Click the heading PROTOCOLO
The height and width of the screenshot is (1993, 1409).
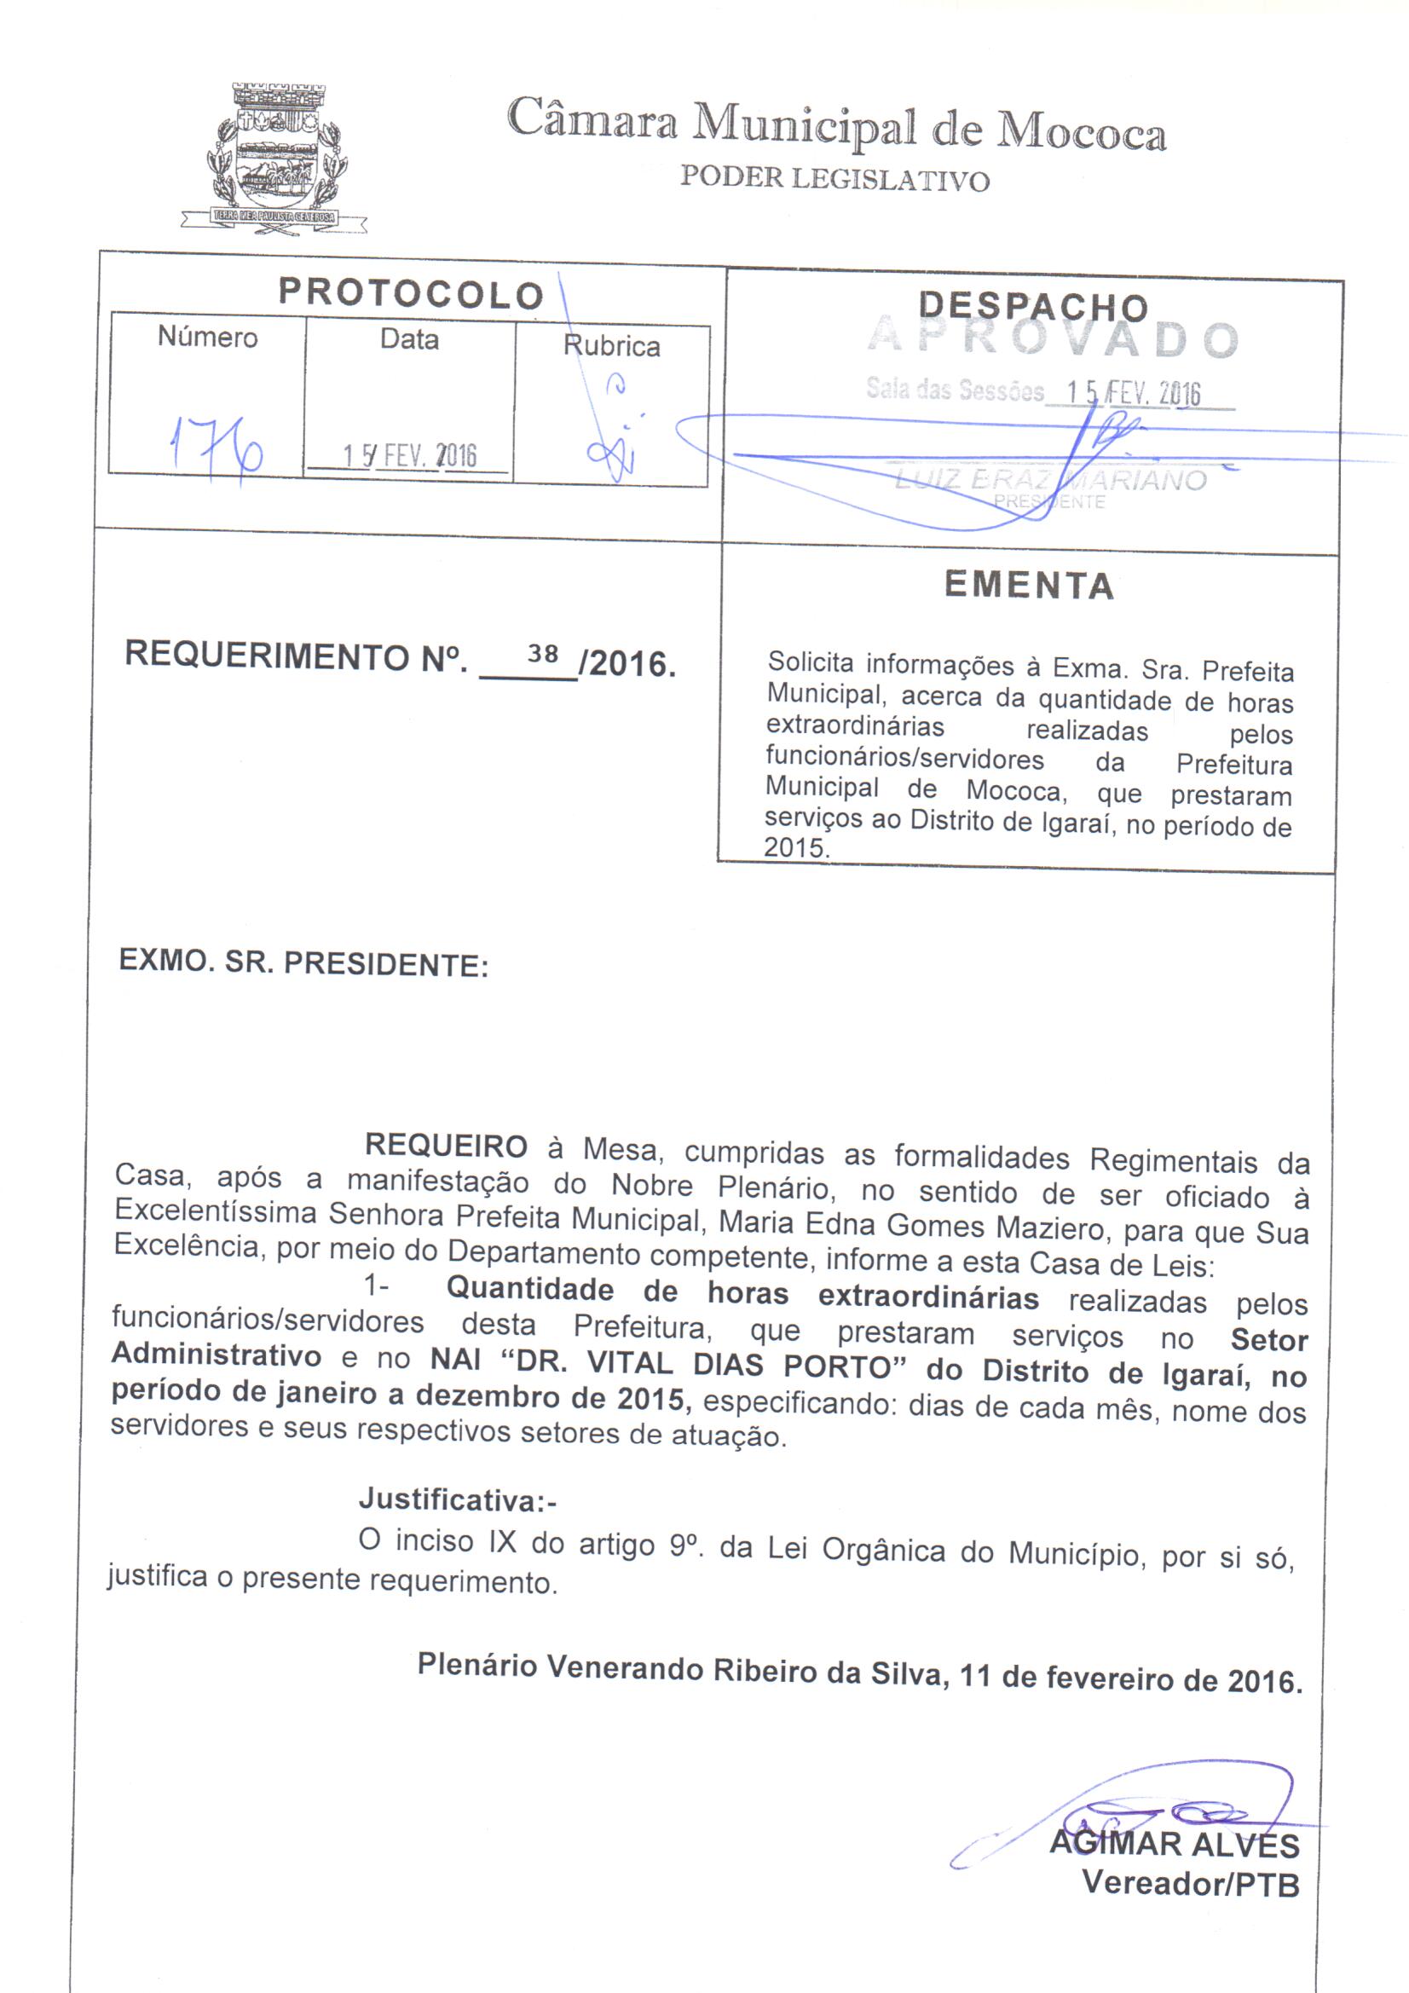pos(411,294)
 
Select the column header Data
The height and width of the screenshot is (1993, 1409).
pos(409,339)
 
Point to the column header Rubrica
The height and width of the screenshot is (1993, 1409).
pos(611,346)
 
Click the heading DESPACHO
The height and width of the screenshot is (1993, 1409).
pos(1033,306)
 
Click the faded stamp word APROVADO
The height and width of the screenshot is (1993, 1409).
pos(1053,339)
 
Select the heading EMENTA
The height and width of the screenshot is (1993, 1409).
pos(1030,585)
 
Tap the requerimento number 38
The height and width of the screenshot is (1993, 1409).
pos(543,654)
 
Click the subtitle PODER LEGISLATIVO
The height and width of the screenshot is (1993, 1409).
pos(834,178)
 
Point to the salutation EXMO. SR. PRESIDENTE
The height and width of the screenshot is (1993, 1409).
pos(303,962)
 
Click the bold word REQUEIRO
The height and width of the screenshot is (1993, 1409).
pos(447,1147)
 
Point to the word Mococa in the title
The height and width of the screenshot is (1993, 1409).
pos(1081,132)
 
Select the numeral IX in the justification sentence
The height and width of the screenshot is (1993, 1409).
pos(503,1541)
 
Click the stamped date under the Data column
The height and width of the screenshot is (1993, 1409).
pos(409,456)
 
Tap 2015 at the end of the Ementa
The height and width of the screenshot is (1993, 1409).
pos(794,847)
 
